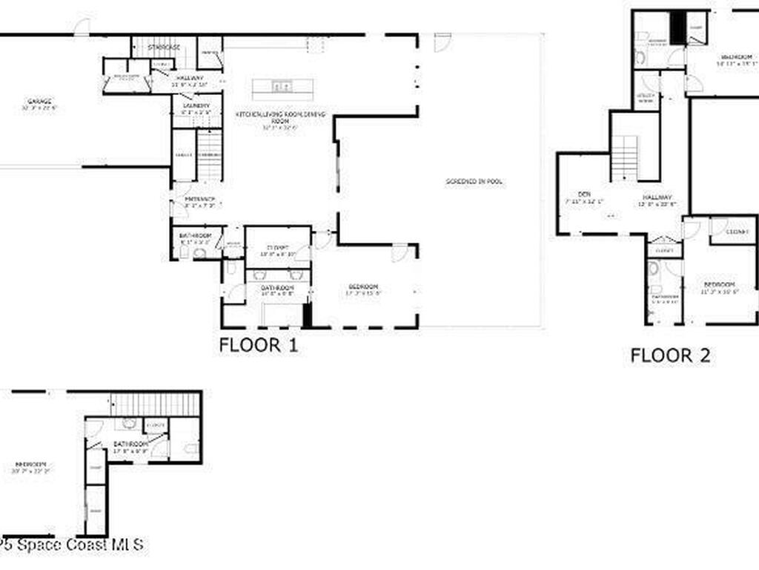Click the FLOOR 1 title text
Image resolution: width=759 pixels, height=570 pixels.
[x=259, y=345]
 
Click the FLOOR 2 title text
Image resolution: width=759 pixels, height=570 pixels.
[x=670, y=356]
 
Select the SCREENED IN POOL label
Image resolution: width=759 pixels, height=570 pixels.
[x=474, y=181]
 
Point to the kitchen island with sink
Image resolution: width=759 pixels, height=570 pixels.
[x=282, y=88]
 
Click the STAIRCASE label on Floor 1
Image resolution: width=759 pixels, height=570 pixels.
[x=164, y=47]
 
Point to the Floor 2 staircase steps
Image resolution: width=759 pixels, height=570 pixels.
[x=625, y=157]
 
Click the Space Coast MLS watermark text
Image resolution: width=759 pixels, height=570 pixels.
[x=72, y=545]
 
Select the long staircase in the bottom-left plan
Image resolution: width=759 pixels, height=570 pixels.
[x=156, y=404]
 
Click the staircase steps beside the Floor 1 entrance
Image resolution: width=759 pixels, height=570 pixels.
[x=210, y=154]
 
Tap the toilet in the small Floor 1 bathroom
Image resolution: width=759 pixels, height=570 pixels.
[x=199, y=253]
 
